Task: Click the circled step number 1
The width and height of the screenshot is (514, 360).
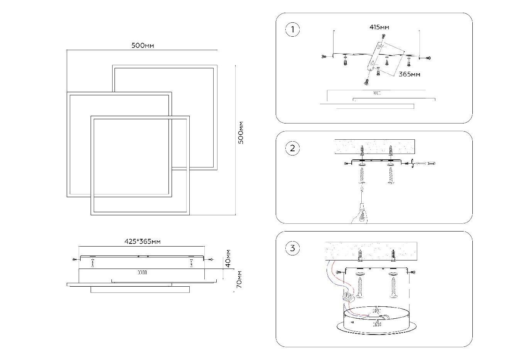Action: [292, 30]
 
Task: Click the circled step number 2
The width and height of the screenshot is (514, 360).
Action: [292, 148]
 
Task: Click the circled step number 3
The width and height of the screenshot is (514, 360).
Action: [292, 248]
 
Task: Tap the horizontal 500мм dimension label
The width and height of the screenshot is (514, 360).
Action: [143, 46]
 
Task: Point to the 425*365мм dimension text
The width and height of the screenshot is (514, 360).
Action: [142, 242]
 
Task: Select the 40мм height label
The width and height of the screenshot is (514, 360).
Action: [228, 258]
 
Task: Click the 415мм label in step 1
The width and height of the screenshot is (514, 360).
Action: [379, 27]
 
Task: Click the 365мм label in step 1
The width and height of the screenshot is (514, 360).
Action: [409, 74]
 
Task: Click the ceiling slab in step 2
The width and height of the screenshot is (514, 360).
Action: [374, 146]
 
